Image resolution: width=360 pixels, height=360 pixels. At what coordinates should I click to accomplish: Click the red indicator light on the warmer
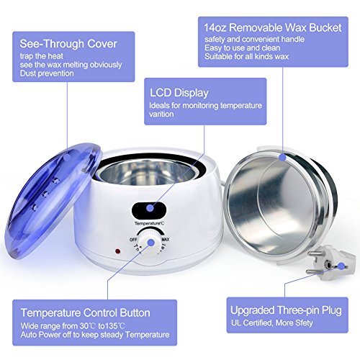tap(118, 251)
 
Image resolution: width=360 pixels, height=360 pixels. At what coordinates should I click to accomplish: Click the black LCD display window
tap(149, 209)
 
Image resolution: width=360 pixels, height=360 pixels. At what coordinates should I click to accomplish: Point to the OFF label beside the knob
tap(133, 240)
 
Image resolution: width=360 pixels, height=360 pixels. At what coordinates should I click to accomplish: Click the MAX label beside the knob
tap(166, 239)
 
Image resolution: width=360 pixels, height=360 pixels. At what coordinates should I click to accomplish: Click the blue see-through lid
tap(53, 200)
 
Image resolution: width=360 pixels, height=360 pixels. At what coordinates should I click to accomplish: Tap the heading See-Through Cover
tap(68, 44)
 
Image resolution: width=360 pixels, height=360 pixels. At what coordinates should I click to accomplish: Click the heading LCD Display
tap(179, 93)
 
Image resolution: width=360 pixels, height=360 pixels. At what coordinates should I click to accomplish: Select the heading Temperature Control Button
tap(86, 312)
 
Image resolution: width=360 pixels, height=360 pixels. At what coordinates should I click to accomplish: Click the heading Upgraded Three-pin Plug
tap(286, 310)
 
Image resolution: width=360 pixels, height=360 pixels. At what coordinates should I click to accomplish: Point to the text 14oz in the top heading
tap(215, 28)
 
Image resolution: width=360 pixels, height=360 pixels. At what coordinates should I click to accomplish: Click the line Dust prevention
tap(47, 73)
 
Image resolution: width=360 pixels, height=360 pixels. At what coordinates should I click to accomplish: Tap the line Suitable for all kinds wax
tap(246, 57)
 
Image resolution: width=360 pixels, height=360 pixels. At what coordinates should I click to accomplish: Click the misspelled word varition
tap(161, 114)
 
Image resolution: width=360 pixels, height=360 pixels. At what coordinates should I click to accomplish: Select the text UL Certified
tap(251, 323)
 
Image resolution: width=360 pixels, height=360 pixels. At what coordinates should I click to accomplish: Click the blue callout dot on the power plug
tap(341, 266)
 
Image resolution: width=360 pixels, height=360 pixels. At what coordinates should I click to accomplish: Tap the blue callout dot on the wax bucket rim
tap(283, 158)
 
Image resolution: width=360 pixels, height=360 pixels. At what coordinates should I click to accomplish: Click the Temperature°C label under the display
tap(149, 224)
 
